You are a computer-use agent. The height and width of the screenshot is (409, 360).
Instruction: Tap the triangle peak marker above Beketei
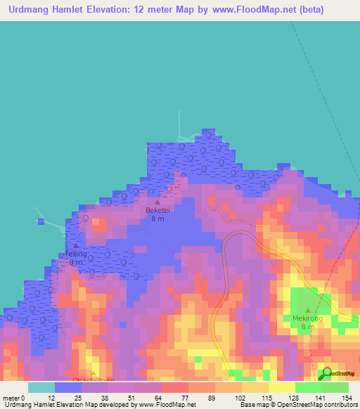157,202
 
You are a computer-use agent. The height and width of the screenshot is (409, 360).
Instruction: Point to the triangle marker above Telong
76,246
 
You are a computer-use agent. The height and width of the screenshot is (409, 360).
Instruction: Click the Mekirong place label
308,318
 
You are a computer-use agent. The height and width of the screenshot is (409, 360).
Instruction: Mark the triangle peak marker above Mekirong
308,310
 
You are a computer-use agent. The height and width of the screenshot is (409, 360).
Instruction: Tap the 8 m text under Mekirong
308,327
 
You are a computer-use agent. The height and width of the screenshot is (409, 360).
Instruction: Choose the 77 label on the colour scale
184,398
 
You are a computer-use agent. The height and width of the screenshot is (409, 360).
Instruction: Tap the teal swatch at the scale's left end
41,387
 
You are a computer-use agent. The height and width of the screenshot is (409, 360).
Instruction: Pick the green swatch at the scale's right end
335,387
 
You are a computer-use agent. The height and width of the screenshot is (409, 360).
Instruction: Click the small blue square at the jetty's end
41,221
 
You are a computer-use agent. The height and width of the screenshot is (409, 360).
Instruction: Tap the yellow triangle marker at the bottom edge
94,374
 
